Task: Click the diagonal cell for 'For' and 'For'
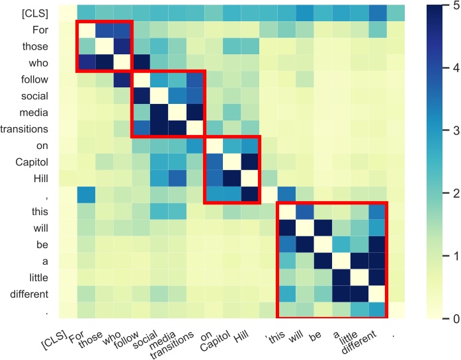pyautogui.click(x=85, y=29)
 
